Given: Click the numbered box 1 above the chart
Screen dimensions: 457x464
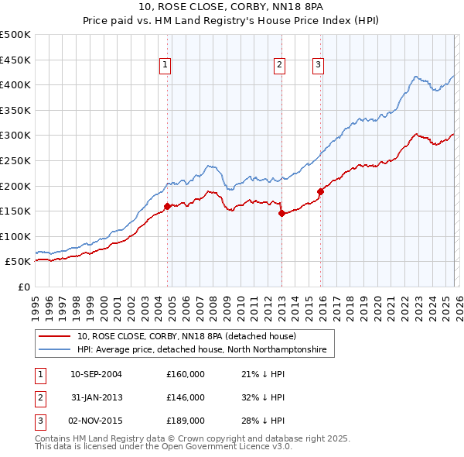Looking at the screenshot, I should [165, 66].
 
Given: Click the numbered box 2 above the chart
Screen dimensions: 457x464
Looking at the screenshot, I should [279, 66].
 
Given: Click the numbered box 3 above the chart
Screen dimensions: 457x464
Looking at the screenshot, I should [318, 66].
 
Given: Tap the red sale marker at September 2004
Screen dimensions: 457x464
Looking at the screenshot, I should [167, 206].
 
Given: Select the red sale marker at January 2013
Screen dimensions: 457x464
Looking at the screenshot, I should [281, 214].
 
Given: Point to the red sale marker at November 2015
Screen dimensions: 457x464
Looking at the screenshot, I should [319, 191].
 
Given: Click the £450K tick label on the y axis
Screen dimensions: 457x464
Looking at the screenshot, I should [15, 60].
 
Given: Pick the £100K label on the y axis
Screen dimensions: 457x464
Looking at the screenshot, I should [15, 236].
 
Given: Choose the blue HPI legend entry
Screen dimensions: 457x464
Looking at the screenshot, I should [202, 350].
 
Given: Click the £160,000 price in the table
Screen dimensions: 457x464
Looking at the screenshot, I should [185, 374].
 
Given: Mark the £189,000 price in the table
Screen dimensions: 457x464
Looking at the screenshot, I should [185, 422].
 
